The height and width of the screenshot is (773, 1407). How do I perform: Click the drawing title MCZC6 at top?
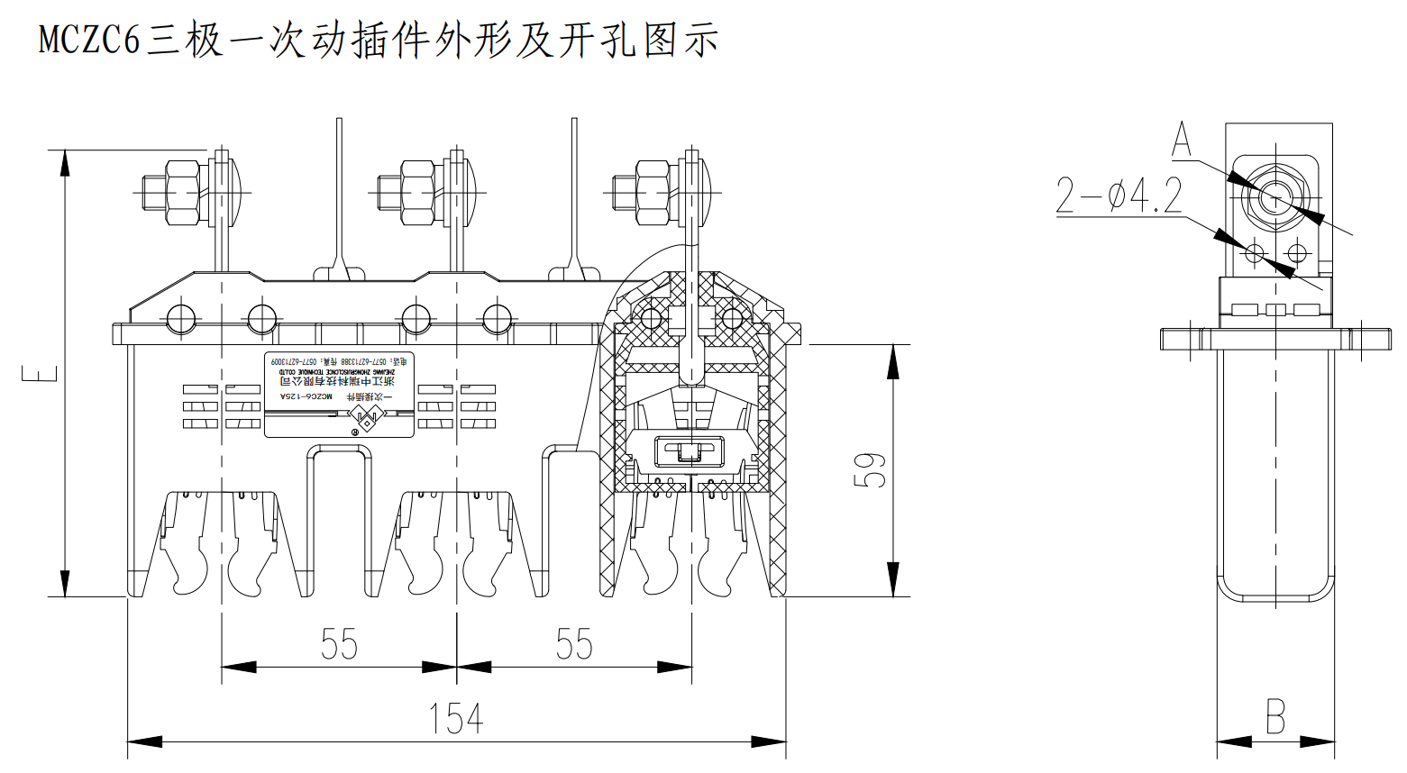point(90,41)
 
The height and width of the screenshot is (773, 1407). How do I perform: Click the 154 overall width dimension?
point(456,718)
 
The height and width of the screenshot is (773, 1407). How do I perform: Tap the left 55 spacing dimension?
point(339,644)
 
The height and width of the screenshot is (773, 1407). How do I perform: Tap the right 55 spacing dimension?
point(574,644)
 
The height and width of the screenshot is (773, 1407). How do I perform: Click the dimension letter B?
point(1275,717)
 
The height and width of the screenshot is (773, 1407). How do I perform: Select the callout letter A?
point(1182,141)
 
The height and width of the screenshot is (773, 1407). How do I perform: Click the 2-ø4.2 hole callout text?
point(1119,196)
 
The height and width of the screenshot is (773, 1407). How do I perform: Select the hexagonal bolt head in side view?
point(1274,197)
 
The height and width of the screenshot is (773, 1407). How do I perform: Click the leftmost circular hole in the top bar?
point(180,318)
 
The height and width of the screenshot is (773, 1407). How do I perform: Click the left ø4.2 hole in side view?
point(1255,251)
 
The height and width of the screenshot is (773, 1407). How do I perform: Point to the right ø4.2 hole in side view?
point(1296,251)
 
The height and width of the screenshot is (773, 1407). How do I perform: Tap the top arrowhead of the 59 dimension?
point(892,360)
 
